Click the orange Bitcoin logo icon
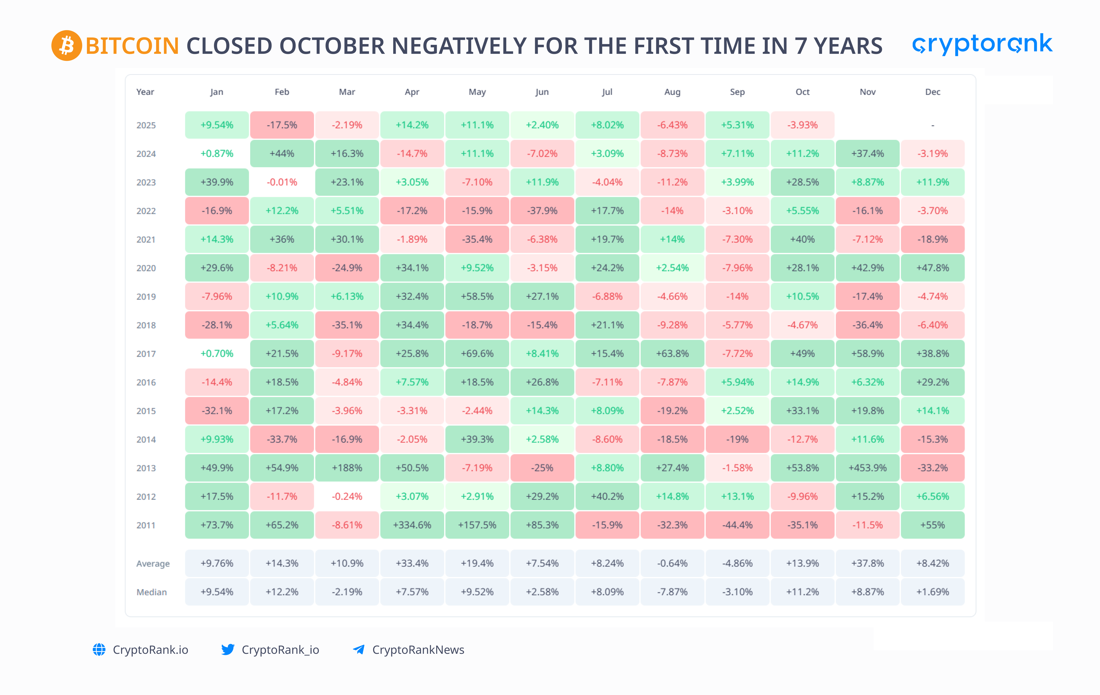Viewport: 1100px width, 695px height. pos(66,46)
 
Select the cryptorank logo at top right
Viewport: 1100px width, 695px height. pos(982,44)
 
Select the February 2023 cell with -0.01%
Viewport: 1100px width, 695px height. pos(282,182)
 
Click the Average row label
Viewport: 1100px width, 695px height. pos(153,564)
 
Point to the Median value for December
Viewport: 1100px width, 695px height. pos(932,592)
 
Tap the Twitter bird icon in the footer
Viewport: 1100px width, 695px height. pos(227,649)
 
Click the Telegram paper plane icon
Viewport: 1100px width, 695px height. pos(359,649)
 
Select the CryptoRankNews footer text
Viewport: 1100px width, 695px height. pos(418,649)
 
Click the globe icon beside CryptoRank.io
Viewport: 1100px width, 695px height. pos(99,649)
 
